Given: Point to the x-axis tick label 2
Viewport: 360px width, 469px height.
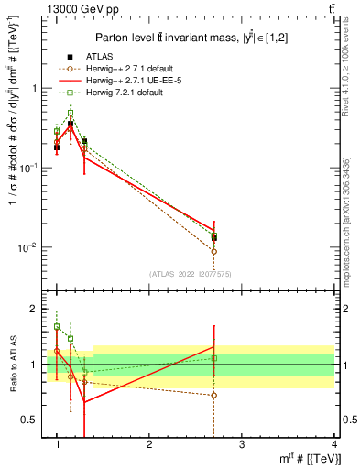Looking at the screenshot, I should (149, 444).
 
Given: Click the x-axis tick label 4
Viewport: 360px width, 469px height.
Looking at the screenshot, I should (334, 444).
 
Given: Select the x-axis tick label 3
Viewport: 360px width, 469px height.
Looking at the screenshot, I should (242, 444).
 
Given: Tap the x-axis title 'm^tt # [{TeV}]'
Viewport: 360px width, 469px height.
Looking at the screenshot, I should (303, 458).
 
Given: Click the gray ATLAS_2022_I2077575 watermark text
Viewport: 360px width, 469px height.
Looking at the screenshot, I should (190, 273).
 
